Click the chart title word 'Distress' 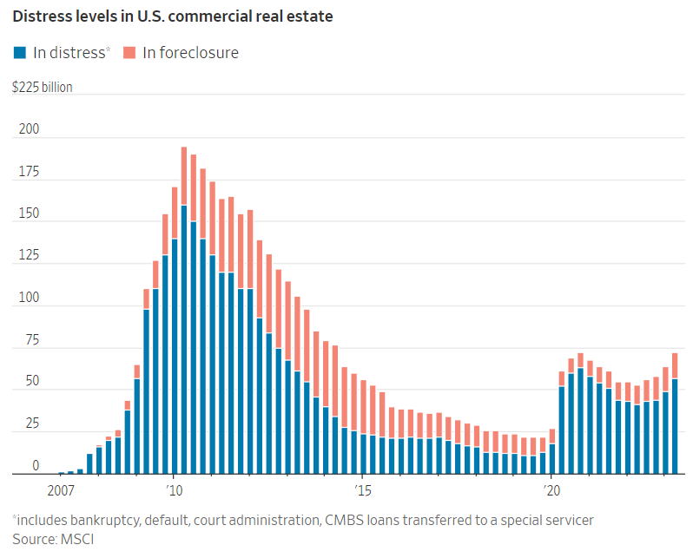point(42,16)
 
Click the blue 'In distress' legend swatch point(20,52)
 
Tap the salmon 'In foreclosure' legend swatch point(130,52)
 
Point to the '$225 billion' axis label point(42,87)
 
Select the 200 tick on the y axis point(30,129)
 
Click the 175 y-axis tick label point(29,171)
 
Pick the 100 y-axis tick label point(29,298)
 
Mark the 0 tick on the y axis point(36,466)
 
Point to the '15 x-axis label point(363,491)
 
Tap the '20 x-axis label point(551,491)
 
